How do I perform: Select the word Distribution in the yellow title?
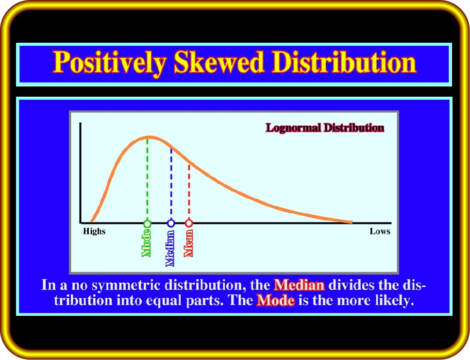pyautogui.click(x=344, y=62)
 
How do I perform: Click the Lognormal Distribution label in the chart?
pyautogui.click(x=325, y=128)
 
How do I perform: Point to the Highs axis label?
pyautogui.click(x=94, y=231)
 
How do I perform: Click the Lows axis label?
pyautogui.click(x=380, y=231)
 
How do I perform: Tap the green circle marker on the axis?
pyautogui.click(x=147, y=223)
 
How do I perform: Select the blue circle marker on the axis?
pyautogui.click(x=171, y=223)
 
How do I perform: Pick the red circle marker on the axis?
pyautogui.click(x=188, y=223)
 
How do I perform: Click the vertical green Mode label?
pyautogui.click(x=146, y=243)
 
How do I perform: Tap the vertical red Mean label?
pyautogui.click(x=188, y=243)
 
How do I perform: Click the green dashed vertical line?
pyautogui.click(x=147, y=179)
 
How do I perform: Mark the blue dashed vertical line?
pyautogui.click(x=171, y=184)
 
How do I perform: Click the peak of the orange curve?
pyautogui.click(x=149, y=137)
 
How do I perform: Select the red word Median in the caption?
pyautogui.click(x=299, y=285)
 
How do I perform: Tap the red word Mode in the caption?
pyautogui.click(x=275, y=300)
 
